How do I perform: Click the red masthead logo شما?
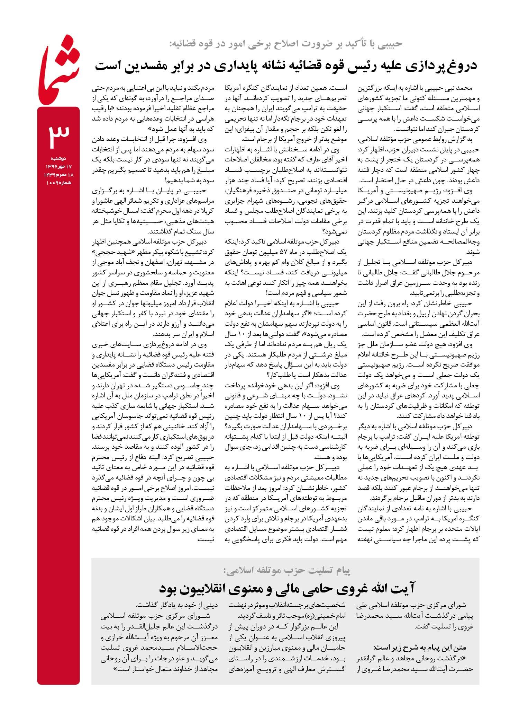pos(59,71)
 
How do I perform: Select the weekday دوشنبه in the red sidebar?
pos(58,158)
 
